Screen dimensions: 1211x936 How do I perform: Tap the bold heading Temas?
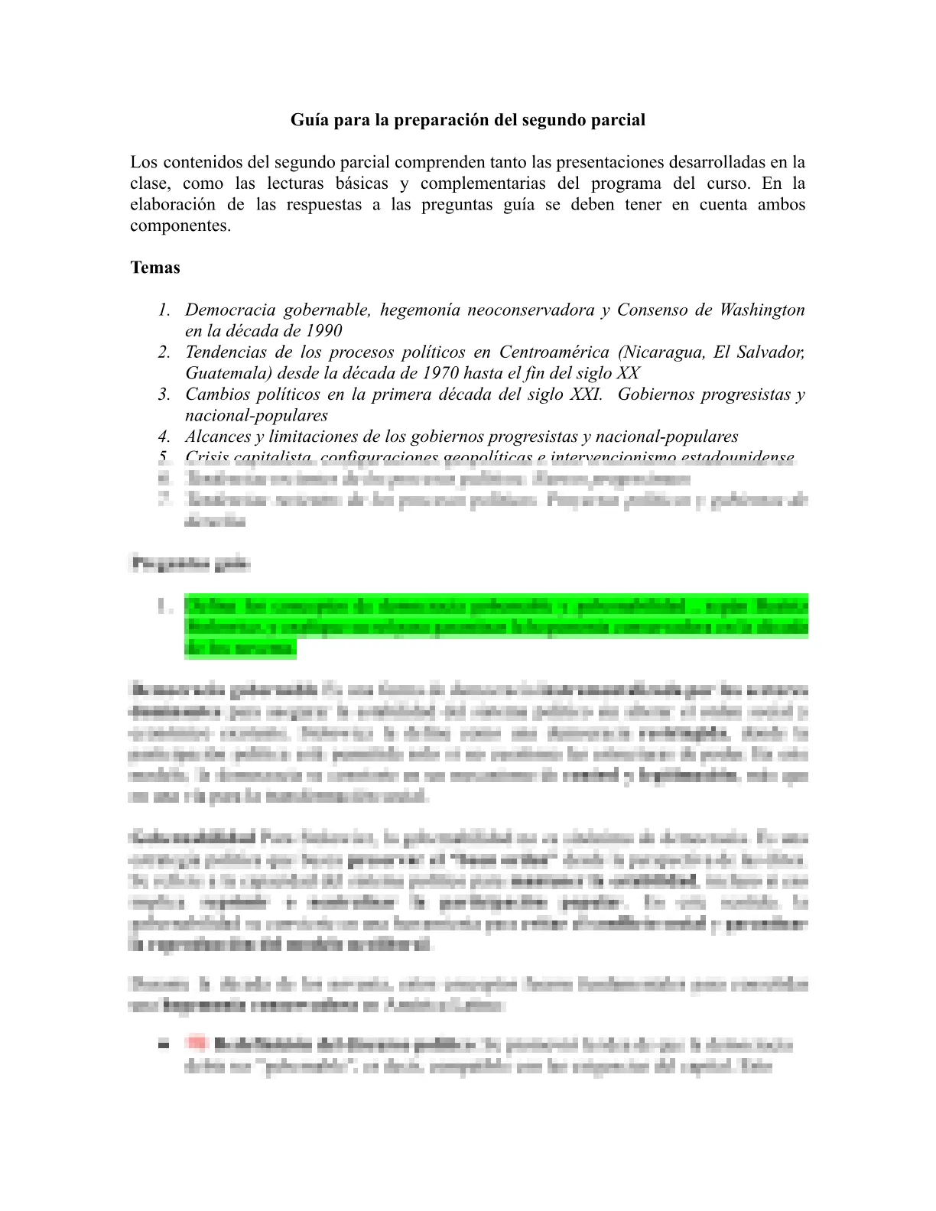155,268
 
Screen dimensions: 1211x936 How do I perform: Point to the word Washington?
762,310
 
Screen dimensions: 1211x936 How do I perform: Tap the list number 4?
164,437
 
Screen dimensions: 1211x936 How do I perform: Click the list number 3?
164,394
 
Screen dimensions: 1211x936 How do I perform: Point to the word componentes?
180,226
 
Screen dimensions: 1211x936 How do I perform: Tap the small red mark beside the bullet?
197,1043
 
